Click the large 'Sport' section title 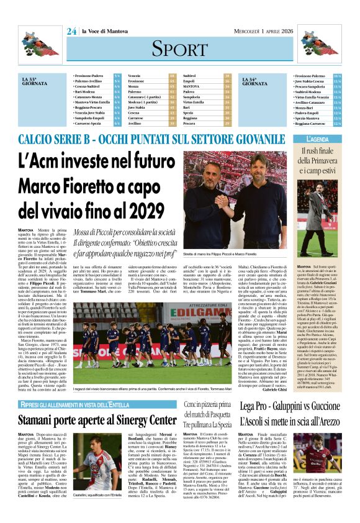click(179, 48)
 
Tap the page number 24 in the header click(72, 31)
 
